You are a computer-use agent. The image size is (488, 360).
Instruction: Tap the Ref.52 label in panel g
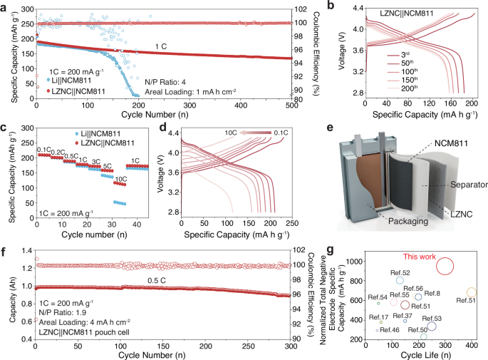click(400, 272)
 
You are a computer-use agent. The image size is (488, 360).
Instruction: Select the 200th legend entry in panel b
click(407, 88)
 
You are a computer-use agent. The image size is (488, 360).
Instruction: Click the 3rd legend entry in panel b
click(406, 53)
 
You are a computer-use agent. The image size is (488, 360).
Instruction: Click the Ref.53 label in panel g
click(432, 318)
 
